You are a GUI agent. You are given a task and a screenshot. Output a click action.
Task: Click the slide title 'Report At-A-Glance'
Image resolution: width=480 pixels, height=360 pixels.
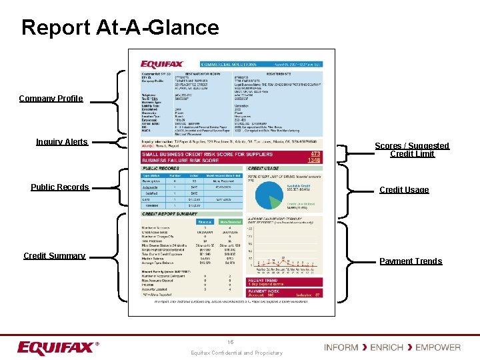pyautogui.click(x=120, y=27)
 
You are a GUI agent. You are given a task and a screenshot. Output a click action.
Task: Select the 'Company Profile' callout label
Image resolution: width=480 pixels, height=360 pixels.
pyautogui.click(x=51, y=99)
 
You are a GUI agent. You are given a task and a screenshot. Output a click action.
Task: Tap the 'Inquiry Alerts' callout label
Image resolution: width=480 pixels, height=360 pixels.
pyautogui.click(x=61, y=141)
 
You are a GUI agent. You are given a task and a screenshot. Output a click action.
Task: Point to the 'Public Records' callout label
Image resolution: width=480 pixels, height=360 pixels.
pyautogui.click(x=59, y=187)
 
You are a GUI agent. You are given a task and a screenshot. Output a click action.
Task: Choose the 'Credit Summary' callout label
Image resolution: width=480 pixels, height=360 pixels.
pyautogui.click(x=54, y=256)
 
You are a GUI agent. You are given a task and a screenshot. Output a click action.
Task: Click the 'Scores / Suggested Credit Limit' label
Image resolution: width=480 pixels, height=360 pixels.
pyautogui.click(x=412, y=150)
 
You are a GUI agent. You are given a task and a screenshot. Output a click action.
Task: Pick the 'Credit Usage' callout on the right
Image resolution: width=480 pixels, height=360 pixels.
pyautogui.click(x=404, y=190)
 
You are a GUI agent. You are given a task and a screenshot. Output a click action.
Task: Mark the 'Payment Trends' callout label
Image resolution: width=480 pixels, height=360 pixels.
pyautogui.click(x=411, y=261)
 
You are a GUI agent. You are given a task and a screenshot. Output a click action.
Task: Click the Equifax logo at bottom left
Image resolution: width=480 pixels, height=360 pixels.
pyautogui.click(x=58, y=348)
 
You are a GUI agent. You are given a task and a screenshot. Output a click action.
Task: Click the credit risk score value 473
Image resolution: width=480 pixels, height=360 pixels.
pyautogui.click(x=315, y=154)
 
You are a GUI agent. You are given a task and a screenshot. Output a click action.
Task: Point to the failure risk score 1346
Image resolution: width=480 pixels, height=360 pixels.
pyautogui.click(x=313, y=161)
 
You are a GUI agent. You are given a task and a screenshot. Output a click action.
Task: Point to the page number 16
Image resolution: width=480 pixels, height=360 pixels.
pyautogui.click(x=230, y=342)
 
